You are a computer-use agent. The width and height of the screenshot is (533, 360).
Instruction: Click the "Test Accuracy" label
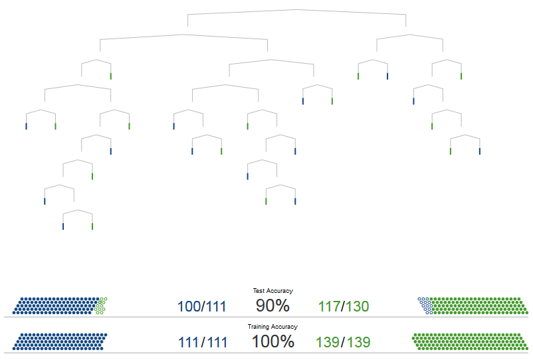[272, 291]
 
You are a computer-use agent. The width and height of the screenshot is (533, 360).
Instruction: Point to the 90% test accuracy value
[272, 306]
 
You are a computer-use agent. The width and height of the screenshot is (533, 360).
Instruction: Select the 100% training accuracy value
[273, 341]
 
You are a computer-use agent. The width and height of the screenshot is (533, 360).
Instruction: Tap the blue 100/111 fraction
[202, 306]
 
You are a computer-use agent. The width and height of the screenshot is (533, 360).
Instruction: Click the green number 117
[330, 306]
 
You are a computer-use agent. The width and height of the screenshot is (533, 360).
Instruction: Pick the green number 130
[358, 306]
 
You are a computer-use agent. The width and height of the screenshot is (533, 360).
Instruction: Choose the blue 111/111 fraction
[203, 342]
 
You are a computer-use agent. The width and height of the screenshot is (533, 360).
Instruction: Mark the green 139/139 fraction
[343, 342]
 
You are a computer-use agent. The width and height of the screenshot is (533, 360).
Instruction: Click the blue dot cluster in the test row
[56, 306]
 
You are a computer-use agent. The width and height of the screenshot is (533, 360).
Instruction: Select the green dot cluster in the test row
[478, 306]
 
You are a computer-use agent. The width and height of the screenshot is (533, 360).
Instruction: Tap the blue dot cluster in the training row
[60, 341]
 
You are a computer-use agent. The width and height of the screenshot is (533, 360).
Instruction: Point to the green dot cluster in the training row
[470, 341]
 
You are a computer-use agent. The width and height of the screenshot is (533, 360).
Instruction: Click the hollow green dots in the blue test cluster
[101, 306]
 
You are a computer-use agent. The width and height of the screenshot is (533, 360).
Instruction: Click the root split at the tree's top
[297, 9]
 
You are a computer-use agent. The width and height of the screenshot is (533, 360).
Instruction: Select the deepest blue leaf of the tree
[63, 226]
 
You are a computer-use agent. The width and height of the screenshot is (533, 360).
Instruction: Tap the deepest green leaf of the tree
[92, 226]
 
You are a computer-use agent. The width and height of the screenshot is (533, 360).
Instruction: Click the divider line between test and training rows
[266, 317]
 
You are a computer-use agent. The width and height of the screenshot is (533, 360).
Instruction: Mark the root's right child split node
[410, 35]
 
